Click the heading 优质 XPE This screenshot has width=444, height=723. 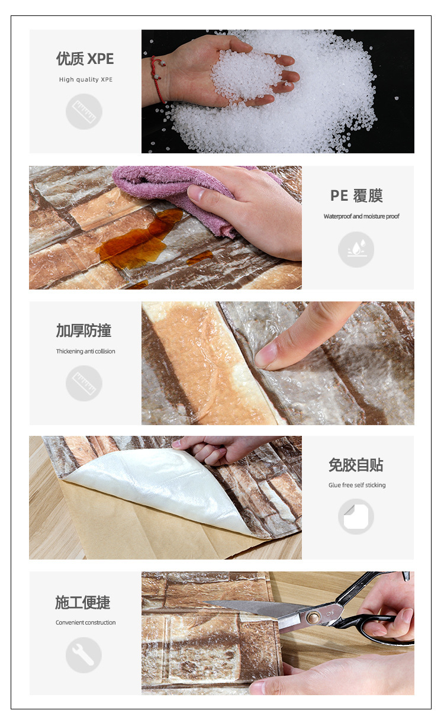pyautogui.click(x=85, y=59)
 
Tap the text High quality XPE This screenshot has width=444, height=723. pyautogui.click(x=85, y=79)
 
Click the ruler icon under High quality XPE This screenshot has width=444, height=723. pyautogui.click(x=84, y=111)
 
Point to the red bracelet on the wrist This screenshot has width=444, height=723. pyautogui.click(x=159, y=78)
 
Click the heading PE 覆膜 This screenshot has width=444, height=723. pyautogui.click(x=356, y=195)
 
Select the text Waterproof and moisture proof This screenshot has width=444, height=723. pyautogui.click(x=361, y=216)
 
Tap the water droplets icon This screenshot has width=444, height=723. pyautogui.click(x=356, y=249)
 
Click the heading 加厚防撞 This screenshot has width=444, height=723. pyautogui.click(x=83, y=330)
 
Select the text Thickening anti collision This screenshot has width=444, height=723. pyautogui.click(x=85, y=351)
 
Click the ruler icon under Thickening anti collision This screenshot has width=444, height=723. pyautogui.click(x=84, y=383)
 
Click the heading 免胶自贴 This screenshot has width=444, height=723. pyautogui.click(x=356, y=465)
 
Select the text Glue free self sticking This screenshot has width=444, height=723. pyautogui.click(x=357, y=485)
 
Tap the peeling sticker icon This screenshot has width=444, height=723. pyautogui.click(x=356, y=516)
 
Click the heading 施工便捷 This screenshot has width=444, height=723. pyautogui.click(x=83, y=602)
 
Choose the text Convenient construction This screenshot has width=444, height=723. pyautogui.click(x=85, y=622)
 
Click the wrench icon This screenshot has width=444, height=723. pyautogui.click(x=84, y=655)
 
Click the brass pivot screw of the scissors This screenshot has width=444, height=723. pyautogui.click(x=313, y=617)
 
